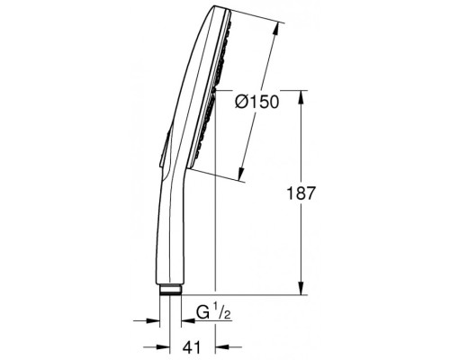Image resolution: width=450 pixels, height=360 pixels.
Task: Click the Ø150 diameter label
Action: (x=256, y=103)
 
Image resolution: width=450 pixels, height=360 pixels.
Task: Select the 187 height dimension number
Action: (x=301, y=193)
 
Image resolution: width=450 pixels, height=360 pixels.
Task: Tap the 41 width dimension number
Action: (x=192, y=347)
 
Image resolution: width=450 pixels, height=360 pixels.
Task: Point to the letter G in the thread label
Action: (x=202, y=313)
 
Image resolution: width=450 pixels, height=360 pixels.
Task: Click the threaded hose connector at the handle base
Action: (x=170, y=290)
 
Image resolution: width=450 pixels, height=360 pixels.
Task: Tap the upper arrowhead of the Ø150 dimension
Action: (x=275, y=30)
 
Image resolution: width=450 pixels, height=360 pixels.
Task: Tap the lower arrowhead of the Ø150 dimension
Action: (x=241, y=173)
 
